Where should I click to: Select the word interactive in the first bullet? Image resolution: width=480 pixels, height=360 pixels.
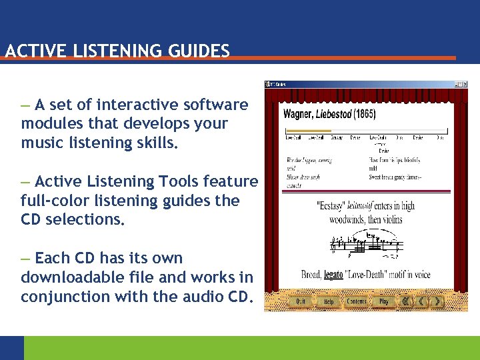click(x=137, y=105)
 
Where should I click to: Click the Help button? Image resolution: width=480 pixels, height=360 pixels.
click(x=329, y=301)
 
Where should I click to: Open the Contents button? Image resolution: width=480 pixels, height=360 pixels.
click(x=357, y=301)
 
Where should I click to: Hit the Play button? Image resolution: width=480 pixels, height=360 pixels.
click(x=384, y=301)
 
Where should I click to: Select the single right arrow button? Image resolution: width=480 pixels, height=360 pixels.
click(x=437, y=301)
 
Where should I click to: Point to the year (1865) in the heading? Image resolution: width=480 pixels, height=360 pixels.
click(x=365, y=114)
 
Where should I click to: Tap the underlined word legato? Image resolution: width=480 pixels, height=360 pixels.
click(x=334, y=274)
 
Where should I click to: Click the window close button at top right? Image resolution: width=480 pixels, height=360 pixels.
click(x=464, y=84)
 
